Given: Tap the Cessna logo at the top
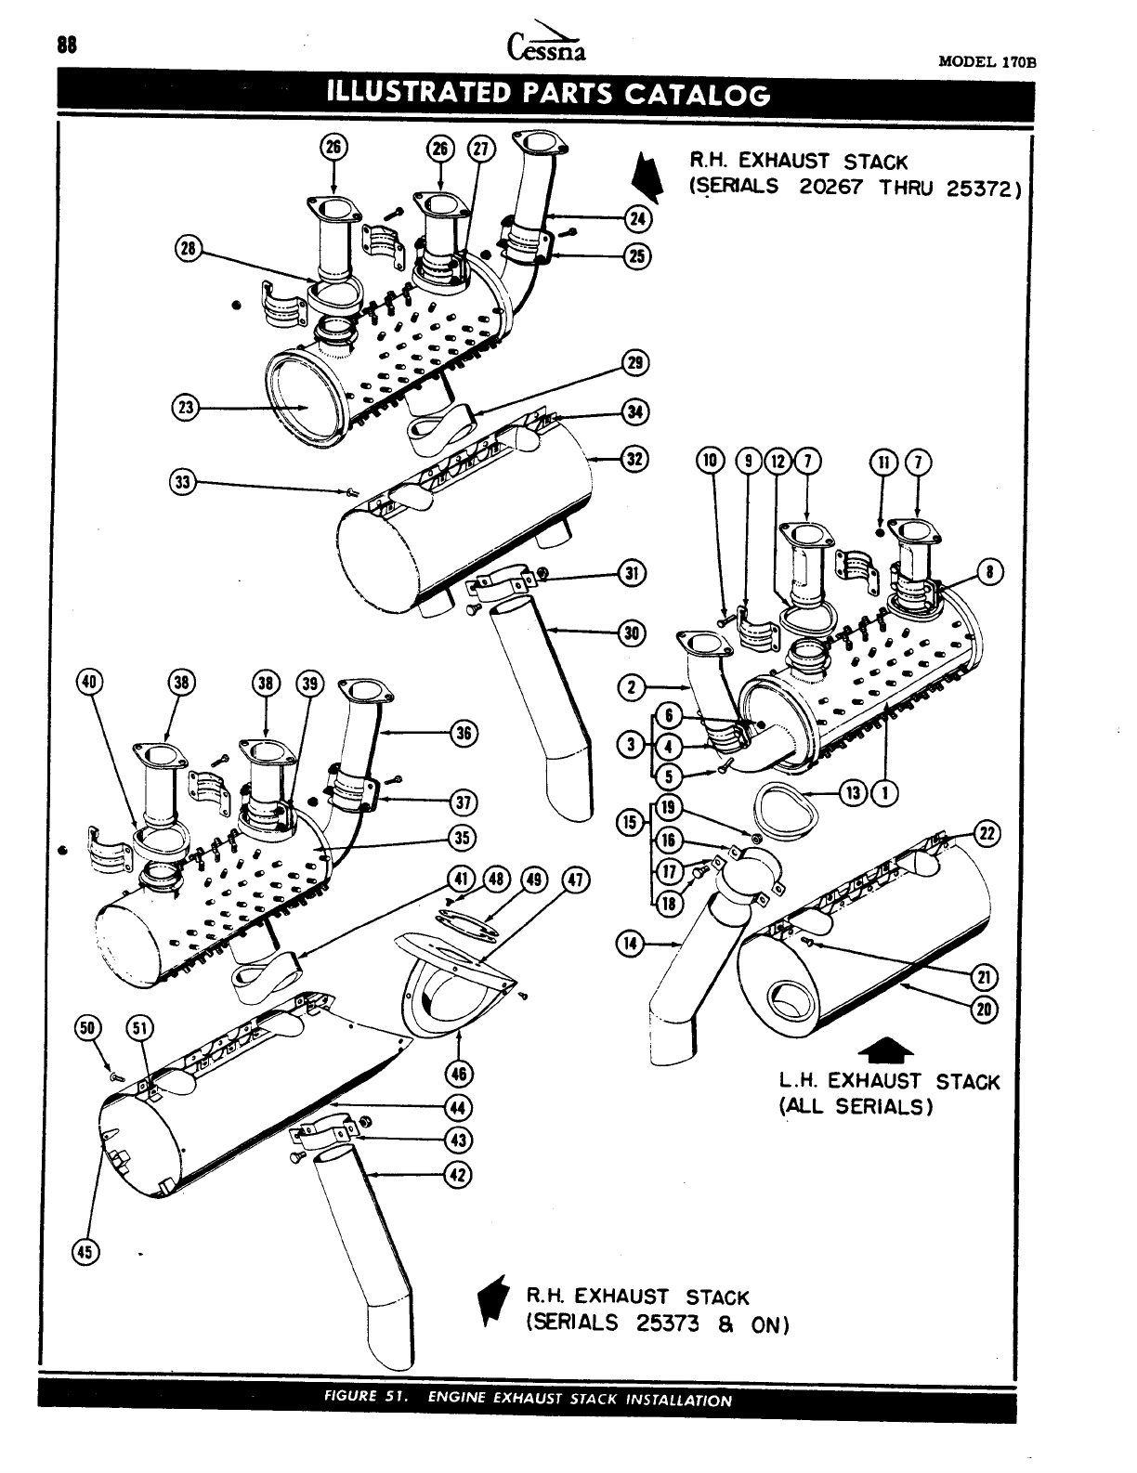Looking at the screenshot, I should click(x=548, y=44).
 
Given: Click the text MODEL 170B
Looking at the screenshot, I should click(x=987, y=62).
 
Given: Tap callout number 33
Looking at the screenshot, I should click(x=183, y=481).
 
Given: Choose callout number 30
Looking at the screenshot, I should click(x=633, y=633).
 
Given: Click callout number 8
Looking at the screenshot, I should click(x=992, y=572).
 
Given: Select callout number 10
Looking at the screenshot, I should click(x=711, y=461).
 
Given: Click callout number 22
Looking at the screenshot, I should click(x=987, y=833).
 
